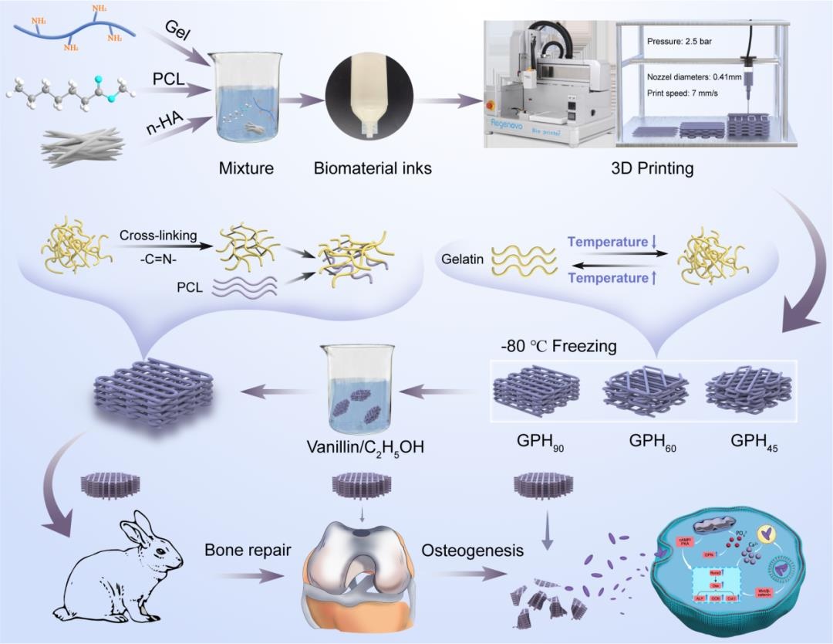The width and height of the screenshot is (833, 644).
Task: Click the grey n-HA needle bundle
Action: [x=83, y=147]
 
